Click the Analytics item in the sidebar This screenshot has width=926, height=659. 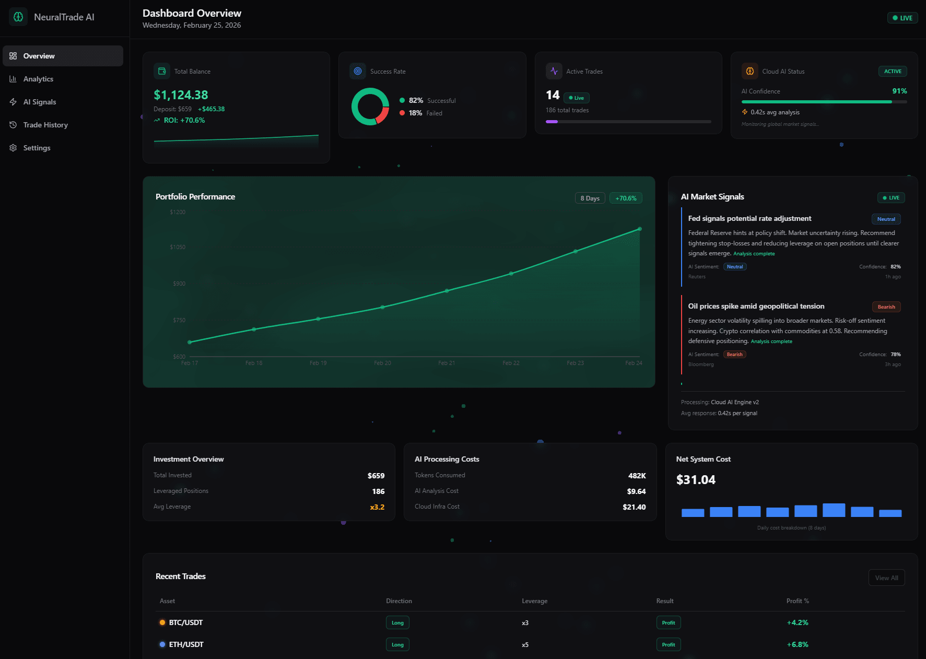38,79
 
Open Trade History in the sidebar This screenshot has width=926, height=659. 45,125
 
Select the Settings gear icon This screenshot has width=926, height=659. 13,148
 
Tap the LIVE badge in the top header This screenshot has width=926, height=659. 902,18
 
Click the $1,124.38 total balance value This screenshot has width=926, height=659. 181,95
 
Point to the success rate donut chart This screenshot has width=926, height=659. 370,107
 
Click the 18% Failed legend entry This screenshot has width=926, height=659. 421,113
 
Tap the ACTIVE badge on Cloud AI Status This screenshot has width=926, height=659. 892,72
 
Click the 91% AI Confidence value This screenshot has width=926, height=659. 899,91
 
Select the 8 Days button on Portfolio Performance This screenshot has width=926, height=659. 590,198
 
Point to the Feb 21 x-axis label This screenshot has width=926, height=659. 447,363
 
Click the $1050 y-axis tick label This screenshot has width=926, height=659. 178,247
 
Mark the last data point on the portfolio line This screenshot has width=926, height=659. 640,229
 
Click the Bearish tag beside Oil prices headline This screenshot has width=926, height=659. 886,307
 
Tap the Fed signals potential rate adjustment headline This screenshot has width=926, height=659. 749,219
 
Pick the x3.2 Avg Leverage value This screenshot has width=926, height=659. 377,507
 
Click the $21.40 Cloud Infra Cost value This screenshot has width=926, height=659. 634,507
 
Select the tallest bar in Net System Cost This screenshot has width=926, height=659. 834,510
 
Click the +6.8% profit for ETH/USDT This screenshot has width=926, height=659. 798,644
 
